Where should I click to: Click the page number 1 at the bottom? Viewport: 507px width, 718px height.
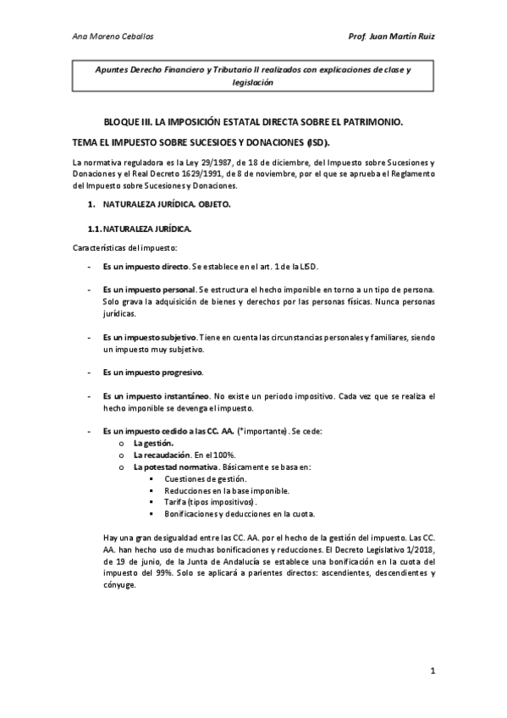[x=432, y=671]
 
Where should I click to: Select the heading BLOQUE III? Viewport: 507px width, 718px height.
[x=127, y=123]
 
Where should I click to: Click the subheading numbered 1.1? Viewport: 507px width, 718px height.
[x=140, y=229]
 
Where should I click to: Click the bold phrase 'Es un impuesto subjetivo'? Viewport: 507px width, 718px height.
[x=151, y=336]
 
